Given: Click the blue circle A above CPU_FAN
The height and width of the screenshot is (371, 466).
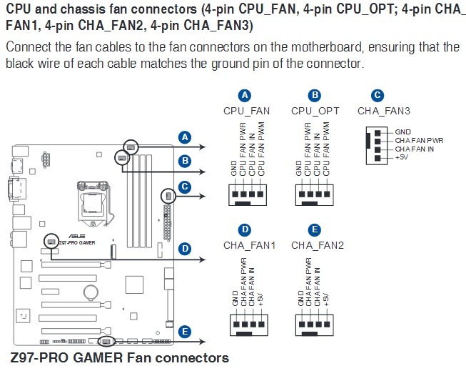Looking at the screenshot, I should click(x=245, y=95).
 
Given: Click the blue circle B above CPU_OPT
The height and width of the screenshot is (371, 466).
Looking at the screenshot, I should click(x=315, y=95).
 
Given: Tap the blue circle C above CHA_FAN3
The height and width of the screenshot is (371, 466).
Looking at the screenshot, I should click(x=378, y=95).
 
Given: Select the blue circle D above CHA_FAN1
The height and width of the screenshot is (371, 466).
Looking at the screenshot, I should click(x=245, y=230).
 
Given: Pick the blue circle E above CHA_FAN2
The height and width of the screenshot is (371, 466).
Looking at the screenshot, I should click(x=315, y=230).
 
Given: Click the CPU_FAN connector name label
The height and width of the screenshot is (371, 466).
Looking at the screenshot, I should click(x=245, y=111).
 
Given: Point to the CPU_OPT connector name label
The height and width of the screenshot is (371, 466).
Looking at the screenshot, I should click(x=315, y=111).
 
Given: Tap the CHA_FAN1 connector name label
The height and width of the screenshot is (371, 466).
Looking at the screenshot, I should click(x=249, y=245).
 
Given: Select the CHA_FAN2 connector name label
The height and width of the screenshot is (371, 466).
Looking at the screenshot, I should click(x=318, y=245).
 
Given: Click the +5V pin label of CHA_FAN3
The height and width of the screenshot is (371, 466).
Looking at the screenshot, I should click(x=402, y=157).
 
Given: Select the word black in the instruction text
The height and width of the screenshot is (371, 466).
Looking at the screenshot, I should click(x=20, y=63).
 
